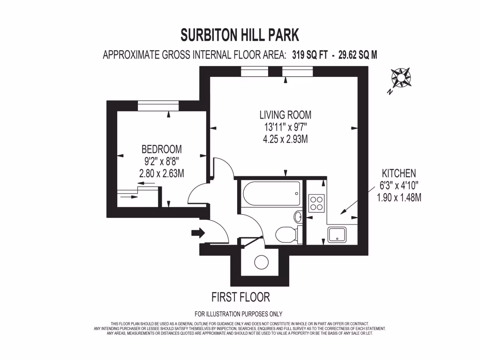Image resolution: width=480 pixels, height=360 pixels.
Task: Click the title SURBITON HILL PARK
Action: pyautogui.click(x=240, y=35)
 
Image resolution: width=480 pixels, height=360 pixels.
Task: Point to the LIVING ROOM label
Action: pyautogui.click(x=285, y=115)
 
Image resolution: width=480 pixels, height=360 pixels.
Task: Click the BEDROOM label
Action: pyautogui.click(x=162, y=150)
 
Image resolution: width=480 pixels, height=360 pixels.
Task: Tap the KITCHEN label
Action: pyautogui.click(x=399, y=173)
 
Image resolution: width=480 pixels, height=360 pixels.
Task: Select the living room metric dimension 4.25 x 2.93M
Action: pyautogui.click(x=285, y=139)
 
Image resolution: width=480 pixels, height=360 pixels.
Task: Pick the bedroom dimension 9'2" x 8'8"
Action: pyautogui.click(x=162, y=161)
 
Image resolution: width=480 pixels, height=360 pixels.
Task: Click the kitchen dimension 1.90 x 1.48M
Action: pyautogui.click(x=399, y=197)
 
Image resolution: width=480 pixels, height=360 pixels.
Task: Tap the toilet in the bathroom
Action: pyautogui.click(x=285, y=234)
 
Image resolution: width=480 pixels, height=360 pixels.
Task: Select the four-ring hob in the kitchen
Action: pyautogui.click(x=316, y=202)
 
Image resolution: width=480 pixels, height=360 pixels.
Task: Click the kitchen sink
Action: pyautogui.click(x=337, y=234)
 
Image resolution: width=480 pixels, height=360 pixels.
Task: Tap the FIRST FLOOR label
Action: pyautogui.click(x=241, y=297)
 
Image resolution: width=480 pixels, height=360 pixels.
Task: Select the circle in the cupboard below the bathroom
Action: pyautogui.click(x=260, y=263)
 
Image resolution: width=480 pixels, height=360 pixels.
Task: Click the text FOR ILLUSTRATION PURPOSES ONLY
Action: pyautogui.click(x=239, y=314)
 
